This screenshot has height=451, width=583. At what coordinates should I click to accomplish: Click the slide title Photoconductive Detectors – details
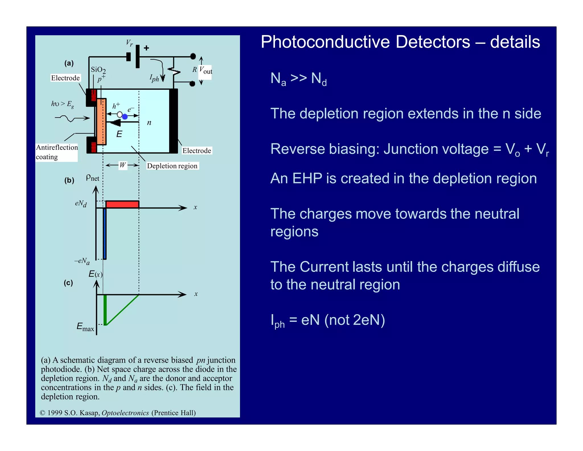pyautogui.click(x=400, y=42)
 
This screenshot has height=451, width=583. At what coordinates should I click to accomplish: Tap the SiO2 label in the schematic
pyautogui.click(x=98, y=70)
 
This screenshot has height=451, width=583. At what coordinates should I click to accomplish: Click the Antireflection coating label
pyautogui.click(x=57, y=152)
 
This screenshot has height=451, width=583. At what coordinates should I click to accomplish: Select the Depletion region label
pyautogui.click(x=172, y=166)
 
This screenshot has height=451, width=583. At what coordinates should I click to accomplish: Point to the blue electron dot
pyautogui.click(x=125, y=116)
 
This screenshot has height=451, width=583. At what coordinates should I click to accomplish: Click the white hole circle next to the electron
pyautogui.click(x=120, y=115)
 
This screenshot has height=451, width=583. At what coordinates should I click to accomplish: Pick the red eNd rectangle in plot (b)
pyautogui.click(x=122, y=204)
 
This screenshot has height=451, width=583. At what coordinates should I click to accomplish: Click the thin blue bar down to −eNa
pyautogui.click(x=105, y=234)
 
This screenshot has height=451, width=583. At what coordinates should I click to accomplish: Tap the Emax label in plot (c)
pyautogui.click(x=85, y=327)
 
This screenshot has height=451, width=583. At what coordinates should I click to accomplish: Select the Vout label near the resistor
pyautogui.click(x=206, y=70)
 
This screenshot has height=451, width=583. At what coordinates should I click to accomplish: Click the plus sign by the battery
pyautogui.click(x=146, y=48)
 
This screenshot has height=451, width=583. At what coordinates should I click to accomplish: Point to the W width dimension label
pyautogui.click(x=122, y=165)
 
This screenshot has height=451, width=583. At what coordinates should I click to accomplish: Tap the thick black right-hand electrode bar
pyautogui.click(x=173, y=121)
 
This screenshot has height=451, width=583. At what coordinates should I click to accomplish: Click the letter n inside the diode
pyautogui.click(x=149, y=123)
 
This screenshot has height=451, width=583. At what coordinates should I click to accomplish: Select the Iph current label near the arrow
pyautogui.click(x=154, y=78)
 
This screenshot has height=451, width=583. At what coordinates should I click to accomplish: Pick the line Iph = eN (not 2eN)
pyautogui.click(x=327, y=320)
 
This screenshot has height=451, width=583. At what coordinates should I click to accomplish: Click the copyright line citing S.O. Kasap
pyautogui.click(x=118, y=413)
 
